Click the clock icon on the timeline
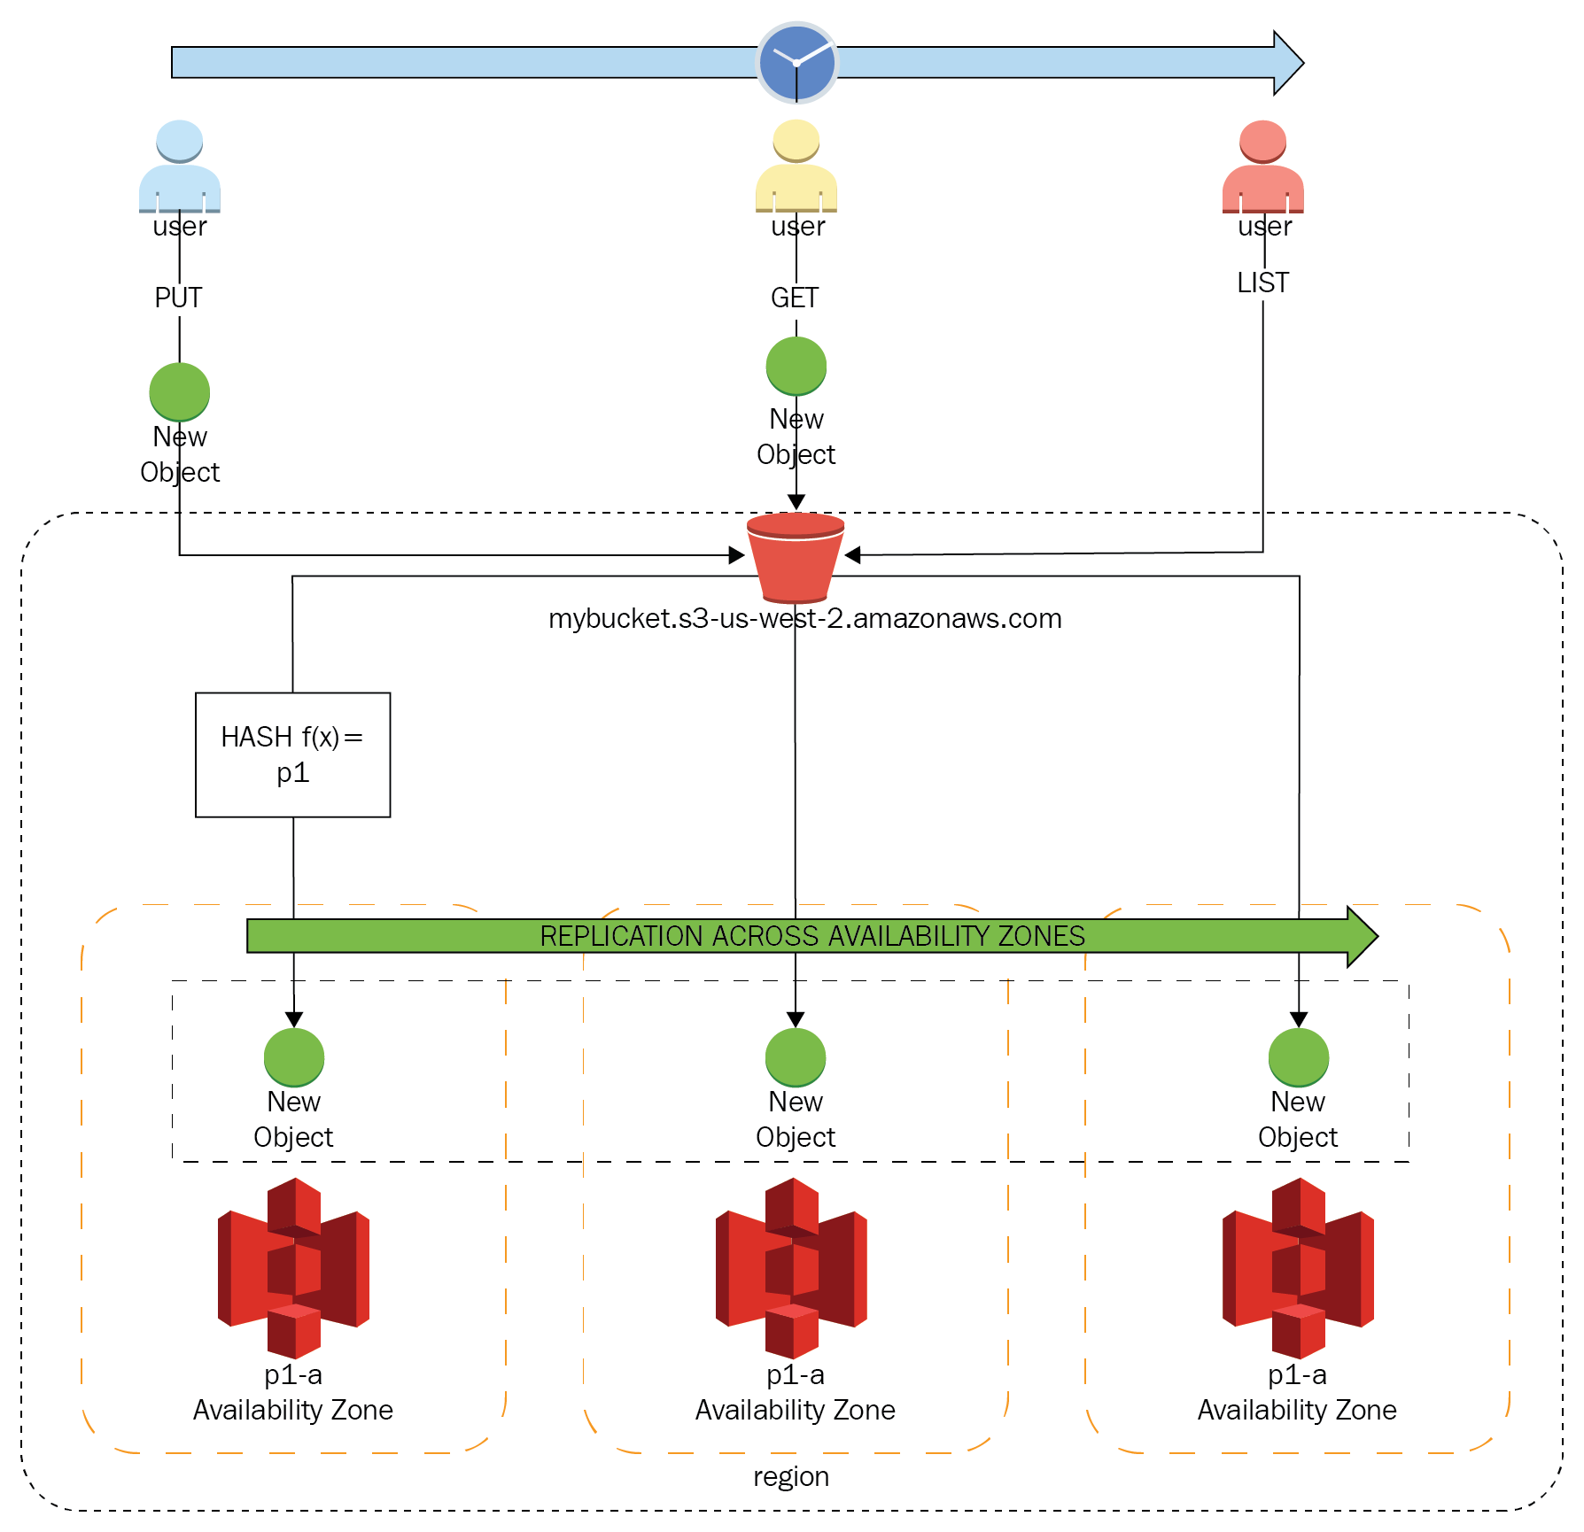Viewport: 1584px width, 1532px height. (796, 63)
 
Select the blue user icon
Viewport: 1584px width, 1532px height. (180, 166)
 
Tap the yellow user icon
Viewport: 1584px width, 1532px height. (796, 166)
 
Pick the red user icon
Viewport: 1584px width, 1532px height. (1263, 166)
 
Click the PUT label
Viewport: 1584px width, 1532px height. (178, 298)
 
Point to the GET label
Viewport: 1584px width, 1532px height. (795, 298)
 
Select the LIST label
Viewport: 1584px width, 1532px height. (1263, 282)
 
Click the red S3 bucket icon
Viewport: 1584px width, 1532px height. (796, 558)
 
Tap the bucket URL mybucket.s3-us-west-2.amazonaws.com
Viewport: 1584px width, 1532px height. (805, 618)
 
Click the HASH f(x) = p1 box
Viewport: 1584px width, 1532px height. (293, 754)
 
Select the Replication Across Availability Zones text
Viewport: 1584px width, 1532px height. (812, 936)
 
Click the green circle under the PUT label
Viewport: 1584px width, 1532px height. (180, 392)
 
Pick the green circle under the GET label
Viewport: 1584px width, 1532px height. (796, 367)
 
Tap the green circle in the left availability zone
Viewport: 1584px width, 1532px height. (294, 1057)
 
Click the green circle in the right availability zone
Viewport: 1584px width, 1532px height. (1299, 1057)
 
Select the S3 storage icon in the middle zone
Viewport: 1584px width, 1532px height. (791, 1268)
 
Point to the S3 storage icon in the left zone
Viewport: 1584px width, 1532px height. (293, 1268)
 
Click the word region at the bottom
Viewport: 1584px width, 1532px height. (791, 1476)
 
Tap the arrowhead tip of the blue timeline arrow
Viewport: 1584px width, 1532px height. (1303, 63)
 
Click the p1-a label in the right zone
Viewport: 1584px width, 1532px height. (1297, 1375)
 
